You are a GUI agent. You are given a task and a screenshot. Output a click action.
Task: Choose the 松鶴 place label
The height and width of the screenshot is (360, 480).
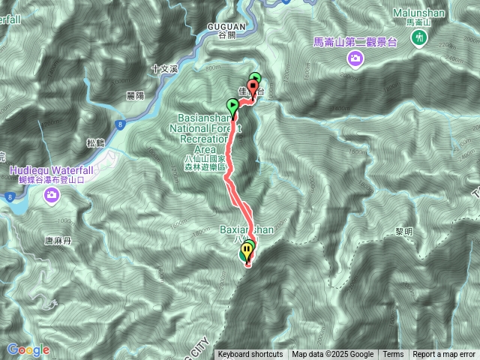[94, 142]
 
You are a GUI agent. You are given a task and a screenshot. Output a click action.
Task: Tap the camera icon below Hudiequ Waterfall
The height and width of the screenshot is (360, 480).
[52, 196]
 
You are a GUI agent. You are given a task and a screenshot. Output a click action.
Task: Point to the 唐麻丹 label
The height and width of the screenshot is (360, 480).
[56, 241]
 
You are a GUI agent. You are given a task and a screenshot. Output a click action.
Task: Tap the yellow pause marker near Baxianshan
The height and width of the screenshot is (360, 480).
[247, 251]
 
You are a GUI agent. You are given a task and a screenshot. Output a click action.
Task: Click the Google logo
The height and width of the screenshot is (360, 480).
[28, 349]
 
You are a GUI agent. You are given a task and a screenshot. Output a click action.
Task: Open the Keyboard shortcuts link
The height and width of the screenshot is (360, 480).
[250, 355]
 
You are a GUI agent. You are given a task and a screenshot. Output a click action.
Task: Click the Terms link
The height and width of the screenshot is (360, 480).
[393, 355]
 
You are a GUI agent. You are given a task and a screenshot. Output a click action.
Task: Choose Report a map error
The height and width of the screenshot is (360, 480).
[444, 355]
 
